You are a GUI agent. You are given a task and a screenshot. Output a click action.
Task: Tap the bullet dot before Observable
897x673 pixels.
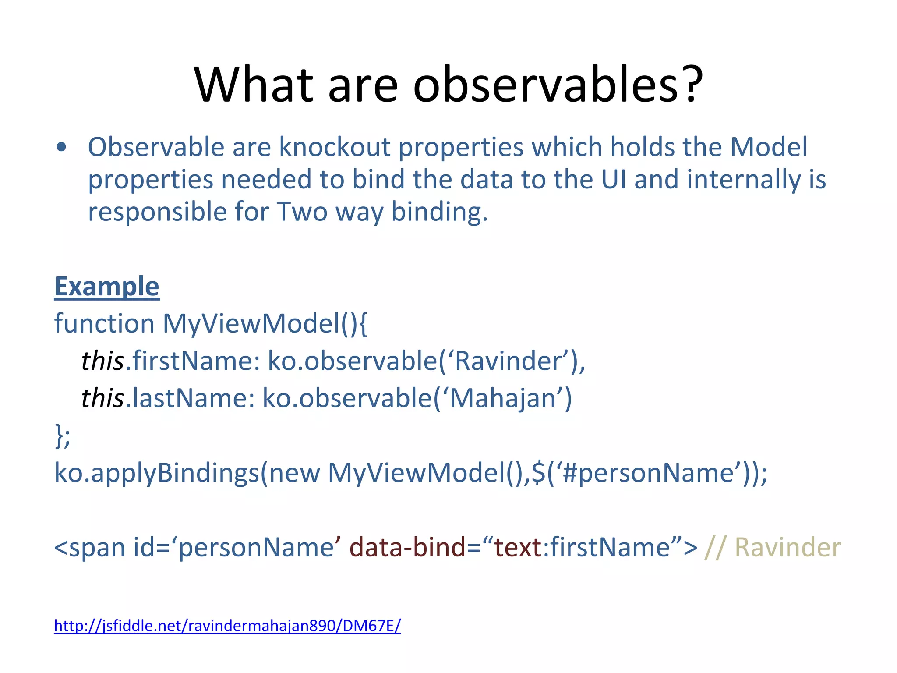click(62, 147)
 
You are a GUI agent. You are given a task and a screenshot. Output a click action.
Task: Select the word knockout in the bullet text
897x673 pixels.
click(335, 147)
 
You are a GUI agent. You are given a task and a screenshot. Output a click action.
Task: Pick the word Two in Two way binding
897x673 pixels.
click(302, 212)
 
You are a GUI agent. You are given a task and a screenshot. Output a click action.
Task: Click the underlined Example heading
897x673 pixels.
click(106, 287)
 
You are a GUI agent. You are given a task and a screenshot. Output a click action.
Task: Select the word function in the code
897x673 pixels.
click(104, 324)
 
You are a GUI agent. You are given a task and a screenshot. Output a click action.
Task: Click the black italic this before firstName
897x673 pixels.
click(103, 361)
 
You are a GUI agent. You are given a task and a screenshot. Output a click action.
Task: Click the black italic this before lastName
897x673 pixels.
click(103, 398)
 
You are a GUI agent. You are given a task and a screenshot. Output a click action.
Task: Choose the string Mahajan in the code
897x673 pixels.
click(503, 398)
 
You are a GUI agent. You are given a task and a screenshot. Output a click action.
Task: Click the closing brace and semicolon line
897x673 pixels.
click(62, 436)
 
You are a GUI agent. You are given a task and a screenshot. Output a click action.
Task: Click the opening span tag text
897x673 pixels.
click(89, 548)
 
